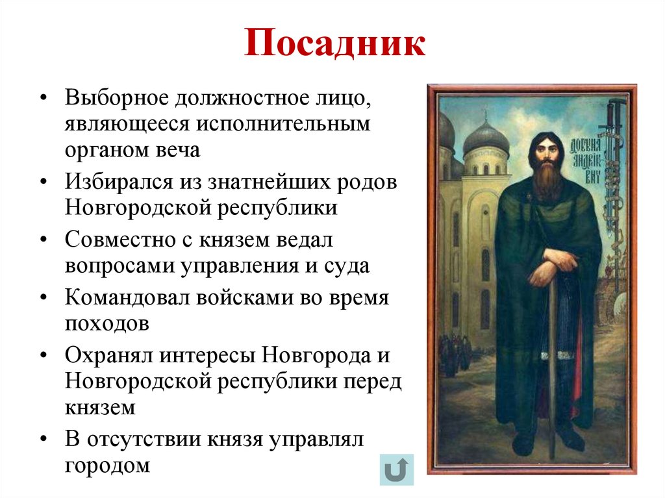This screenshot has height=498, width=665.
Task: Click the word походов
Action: (x=107, y=323)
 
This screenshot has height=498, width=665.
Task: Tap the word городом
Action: (x=107, y=466)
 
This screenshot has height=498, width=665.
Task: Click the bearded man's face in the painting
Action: (x=544, y=155)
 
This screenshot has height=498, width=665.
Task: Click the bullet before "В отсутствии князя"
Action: (x=44, y=440)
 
